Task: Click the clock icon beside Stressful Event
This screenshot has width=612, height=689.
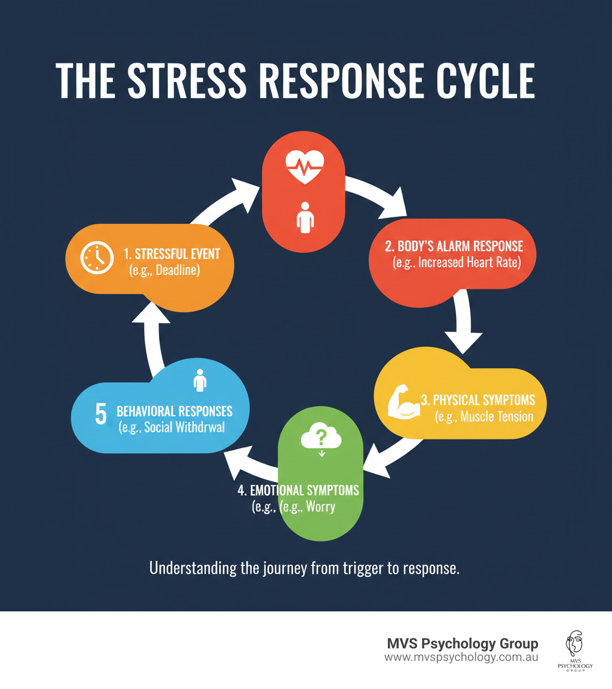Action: coord(97,258)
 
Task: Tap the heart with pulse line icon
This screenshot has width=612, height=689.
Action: coord(305,165)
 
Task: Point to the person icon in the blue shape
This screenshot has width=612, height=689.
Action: coord(200,380)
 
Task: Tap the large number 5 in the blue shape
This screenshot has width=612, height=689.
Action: coord(102,414)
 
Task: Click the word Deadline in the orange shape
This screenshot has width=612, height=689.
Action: coord(178,270)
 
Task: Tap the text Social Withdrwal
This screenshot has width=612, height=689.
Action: coord(182,427)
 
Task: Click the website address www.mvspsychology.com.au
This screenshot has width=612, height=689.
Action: coord(461,657)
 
